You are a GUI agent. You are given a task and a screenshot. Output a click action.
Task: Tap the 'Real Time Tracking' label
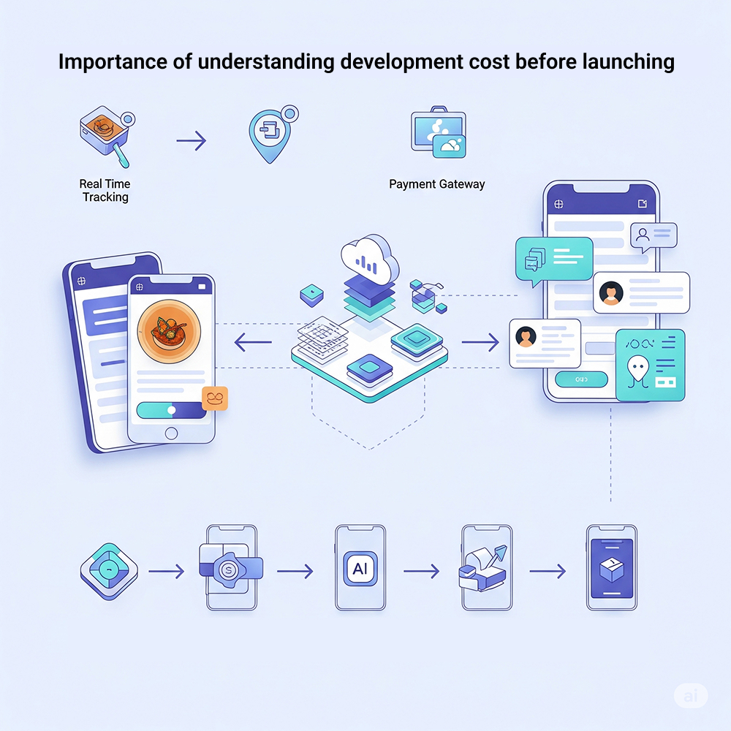point(105,191)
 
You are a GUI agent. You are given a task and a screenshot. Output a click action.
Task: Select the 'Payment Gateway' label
point(436,184)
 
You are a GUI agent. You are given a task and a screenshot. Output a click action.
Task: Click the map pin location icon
point(270,135)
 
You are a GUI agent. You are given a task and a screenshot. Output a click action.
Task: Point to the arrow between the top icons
point(192,140)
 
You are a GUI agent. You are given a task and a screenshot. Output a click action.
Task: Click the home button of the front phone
point(171,433)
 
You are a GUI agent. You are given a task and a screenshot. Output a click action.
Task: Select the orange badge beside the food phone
point(215,398)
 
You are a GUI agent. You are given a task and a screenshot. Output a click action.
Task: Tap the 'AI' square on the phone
point(360,568)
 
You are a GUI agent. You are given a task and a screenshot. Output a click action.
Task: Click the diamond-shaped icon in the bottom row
point(108,571)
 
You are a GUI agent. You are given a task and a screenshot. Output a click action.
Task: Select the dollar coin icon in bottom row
point(229,569)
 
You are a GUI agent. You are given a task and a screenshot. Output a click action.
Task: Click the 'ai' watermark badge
point(691,695)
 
